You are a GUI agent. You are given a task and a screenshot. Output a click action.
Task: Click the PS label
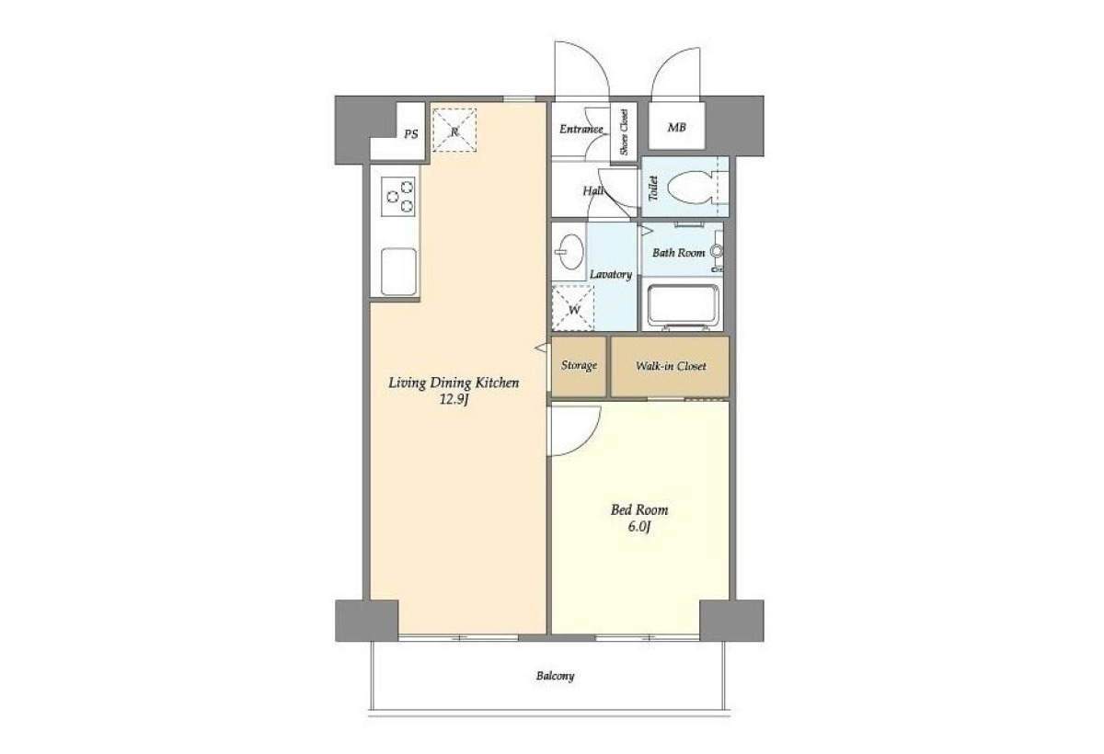(x=411, y=134)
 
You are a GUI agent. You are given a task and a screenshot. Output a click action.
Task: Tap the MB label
(x=677, y=128)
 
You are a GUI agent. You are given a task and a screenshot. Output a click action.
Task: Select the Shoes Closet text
(x=624, y=132)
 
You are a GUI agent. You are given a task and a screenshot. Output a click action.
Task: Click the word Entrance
(x=581, y=129)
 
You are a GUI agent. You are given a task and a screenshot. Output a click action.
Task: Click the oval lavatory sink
(x=570, y=252)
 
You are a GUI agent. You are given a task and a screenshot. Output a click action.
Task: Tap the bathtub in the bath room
(x=683, y=306)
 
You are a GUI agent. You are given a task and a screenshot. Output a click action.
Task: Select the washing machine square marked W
(x=572, y=308)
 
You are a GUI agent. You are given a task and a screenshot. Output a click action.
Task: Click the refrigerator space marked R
(x=454, y=131)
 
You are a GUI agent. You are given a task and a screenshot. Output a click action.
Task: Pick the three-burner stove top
(x=398, y=197)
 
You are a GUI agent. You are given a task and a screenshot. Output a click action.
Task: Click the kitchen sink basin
(x=398, y=272)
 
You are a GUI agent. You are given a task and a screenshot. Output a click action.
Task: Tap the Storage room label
(x=579, y=365)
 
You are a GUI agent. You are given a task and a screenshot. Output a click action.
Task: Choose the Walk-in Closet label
(x=671, y=366)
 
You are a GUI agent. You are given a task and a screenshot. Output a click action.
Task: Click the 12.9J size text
(x=454, y=399)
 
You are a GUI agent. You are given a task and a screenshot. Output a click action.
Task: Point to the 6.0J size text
(x=639, y=527)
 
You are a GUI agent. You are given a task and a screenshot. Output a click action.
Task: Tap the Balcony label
(x=556, y=676)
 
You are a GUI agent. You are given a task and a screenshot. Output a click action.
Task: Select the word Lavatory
(x=611, y=274)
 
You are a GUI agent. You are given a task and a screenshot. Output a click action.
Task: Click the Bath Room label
(x=679, y=253)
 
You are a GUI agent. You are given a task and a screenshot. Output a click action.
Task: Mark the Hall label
(x=593, y=190)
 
